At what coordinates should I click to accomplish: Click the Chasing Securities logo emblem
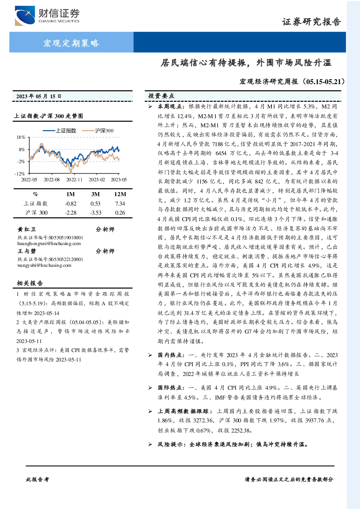(x=25, y=16)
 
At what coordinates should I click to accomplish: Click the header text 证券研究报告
(x=311, y=22)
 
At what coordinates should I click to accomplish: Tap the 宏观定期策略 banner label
(x=71, y=43)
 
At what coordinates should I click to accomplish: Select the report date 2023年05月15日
(x=39, y=96)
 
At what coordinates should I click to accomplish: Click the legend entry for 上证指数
(x=59, y=131)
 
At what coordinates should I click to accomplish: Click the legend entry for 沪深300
(x=98, y=131)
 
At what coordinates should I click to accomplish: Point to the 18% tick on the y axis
(x=21, y=137)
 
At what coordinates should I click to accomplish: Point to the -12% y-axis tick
(x=20, y=174)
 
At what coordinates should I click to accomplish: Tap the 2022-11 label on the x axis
(x=74, y=180)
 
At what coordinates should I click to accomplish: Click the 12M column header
(x=120, y=194)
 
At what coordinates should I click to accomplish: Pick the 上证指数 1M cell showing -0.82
(x=71, y=204)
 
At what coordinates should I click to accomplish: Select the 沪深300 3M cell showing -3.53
(x=96, y=213)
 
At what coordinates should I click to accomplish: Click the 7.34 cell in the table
(x=120, y=204)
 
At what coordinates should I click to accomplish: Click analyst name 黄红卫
(x=27, y=229)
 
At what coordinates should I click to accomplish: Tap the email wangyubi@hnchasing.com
(x=44, y=265)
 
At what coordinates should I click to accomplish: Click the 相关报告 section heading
(x=30, y=283)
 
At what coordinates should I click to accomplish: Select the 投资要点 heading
(x=161, y=96)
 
